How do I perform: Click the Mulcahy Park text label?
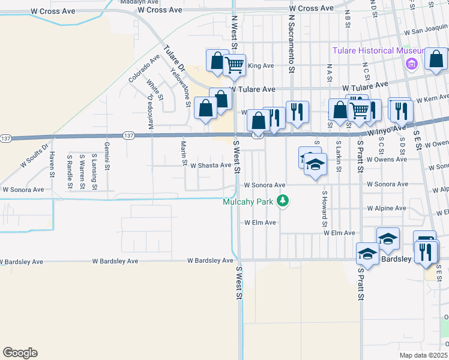click(x=249, y=202)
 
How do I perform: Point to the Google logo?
click(x=20, y=353)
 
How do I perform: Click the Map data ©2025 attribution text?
click(x=424, y=355)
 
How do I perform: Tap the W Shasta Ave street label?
click(x=211, y=165)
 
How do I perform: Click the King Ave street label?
click(x=261, y=66)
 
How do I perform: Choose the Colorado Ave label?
click(x=144, y=68)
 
